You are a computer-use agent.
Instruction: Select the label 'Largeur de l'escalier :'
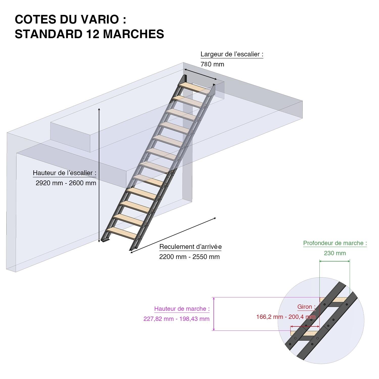coord(232,54)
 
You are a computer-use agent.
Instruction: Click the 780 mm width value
coord(212,64)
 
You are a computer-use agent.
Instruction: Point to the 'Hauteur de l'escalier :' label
coord(64,173)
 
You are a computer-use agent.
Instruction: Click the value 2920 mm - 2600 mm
coord(66,183)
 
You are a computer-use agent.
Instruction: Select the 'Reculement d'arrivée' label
coord(190,247)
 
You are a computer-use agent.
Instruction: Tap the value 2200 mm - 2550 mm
coord(189,257)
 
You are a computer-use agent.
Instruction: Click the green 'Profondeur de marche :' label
coord(335,243)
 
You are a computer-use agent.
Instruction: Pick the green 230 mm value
coord(335,253)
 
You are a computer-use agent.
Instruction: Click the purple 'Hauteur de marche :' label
coord(182,309)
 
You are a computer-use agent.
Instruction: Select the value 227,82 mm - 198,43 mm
coord(176,319)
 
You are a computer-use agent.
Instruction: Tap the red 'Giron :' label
coord(306,307)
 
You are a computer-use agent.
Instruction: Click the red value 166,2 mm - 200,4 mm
coord(286,317)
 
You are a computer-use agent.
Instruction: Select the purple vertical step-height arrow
coord(214,314)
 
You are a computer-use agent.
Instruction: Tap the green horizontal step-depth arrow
coord(335,261)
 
